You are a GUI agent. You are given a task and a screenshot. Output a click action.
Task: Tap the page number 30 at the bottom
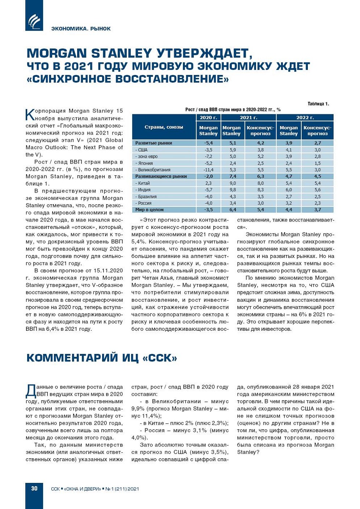(34, 488)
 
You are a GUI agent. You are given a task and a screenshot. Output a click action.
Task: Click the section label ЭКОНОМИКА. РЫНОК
(81, 29)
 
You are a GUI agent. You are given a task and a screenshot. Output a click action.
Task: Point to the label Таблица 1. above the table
(318, 104)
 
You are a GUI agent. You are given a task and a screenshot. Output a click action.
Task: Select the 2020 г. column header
(208, 118)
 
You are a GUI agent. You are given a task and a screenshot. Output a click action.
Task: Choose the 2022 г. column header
(305, 118)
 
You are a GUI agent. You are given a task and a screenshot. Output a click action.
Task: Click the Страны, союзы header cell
(164, 127)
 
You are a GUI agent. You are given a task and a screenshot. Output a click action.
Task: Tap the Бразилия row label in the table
(147, 197)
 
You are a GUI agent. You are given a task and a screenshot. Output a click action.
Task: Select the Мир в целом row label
(150, 210)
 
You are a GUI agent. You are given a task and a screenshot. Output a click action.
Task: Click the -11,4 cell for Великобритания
(208, 170)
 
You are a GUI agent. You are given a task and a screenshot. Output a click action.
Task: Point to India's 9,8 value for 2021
(233, 190)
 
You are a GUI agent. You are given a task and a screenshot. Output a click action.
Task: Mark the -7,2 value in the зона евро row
(208, 157)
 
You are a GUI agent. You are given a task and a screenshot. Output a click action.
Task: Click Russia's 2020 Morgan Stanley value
(208, 203)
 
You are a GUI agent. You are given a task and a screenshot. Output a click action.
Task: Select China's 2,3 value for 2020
(208, 183)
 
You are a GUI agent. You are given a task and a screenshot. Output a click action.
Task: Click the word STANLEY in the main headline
(122, 54)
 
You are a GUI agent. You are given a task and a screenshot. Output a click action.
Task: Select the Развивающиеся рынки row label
(161, 176)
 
